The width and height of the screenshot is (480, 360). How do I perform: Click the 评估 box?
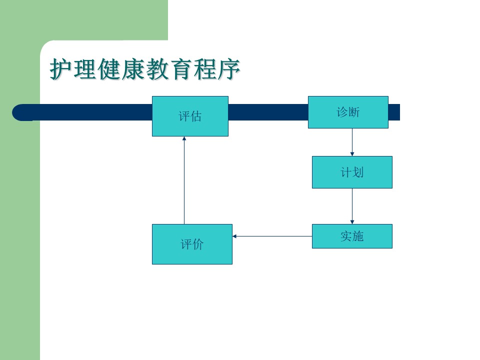click(x=190, y=116)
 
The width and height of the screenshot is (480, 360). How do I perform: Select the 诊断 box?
click(x=348, y=112)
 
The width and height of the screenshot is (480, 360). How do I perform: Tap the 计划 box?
click(x=352, y=172)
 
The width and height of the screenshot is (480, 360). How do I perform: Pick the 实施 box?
click(x=352, y=236)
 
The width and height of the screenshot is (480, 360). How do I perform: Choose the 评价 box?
click(x=192, y=244)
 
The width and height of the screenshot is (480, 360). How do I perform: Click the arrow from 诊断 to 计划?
click(x=352, y=142)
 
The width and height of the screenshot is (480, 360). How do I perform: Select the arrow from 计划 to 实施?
click(x=352, y=206)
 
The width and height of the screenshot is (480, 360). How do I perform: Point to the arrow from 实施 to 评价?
click(x=272, y=236)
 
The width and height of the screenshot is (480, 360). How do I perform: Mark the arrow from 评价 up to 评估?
click(x=184, y=180)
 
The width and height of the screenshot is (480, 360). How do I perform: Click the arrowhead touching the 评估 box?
click(x=184, y=138)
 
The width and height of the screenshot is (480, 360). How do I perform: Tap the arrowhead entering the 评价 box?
click(x=234, y=236)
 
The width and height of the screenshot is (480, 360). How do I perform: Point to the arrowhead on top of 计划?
click(x=352, y=154)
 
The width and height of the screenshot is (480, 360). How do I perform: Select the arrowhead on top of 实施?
click(x=352, y=222)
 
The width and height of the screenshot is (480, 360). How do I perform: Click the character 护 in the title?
click(x=61, y=69)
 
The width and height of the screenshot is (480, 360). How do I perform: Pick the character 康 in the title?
click(x=133, y=69)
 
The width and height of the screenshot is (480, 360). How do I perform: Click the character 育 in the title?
click(x=181, y=69)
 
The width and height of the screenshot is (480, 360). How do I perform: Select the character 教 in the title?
click(x=157, y=69)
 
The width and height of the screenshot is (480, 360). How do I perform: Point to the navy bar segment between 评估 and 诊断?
click(x=268, y=112)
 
